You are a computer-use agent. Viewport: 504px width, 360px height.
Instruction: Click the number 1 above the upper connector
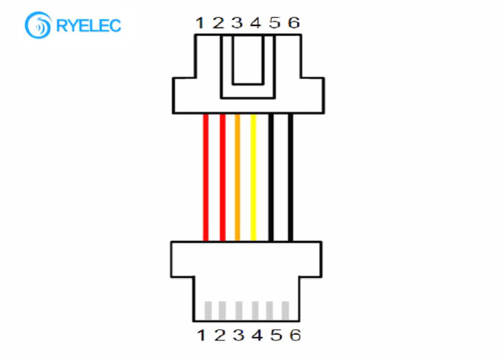coord(200,23)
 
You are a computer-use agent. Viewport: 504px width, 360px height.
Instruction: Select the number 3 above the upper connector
coord(237,23)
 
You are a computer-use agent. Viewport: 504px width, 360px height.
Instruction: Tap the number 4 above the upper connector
coord(256,23)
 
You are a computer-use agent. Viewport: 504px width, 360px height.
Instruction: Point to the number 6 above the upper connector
coord(294,23)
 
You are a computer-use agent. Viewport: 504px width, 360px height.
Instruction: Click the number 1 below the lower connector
coord(201,336)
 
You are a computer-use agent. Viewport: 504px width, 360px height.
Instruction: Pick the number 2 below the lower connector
coord(220,336)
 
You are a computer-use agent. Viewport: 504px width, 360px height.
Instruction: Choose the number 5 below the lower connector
coord(276,336)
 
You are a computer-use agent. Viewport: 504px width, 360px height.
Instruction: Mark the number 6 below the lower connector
coord(295,336)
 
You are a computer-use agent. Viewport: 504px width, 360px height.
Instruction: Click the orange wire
coord(238,177)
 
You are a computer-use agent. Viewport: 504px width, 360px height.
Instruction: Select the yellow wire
coord(253,177)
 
